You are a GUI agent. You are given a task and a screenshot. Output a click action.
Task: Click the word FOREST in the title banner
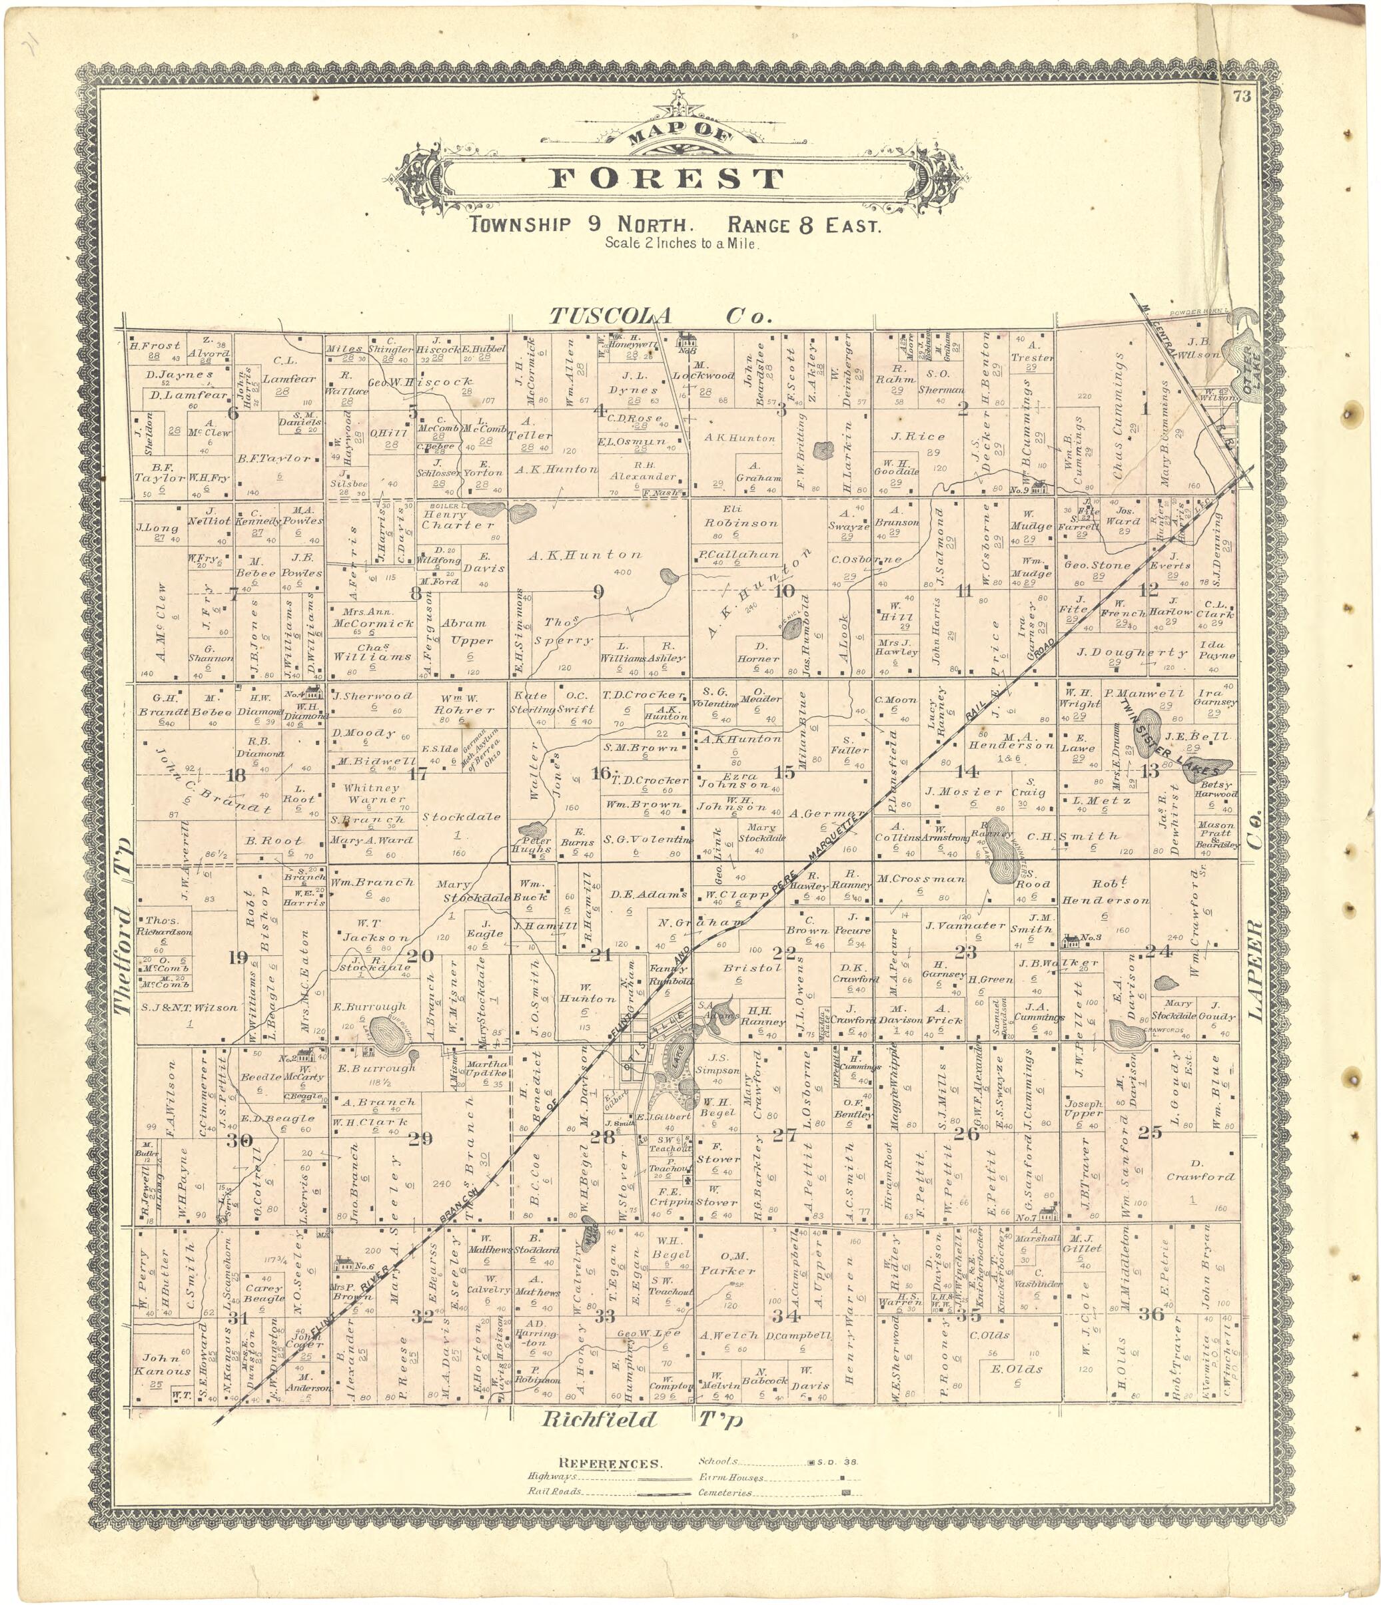click(666, 179)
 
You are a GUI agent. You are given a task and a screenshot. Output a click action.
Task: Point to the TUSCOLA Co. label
click(660, 316)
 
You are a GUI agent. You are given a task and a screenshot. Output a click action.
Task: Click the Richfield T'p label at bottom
click(642, 1420)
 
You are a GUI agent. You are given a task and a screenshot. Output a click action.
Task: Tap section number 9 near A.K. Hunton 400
click(598, 592)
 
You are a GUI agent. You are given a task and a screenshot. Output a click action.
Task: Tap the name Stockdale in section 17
click(461, 816)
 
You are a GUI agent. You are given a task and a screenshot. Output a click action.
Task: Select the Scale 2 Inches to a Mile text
click(682, 242)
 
